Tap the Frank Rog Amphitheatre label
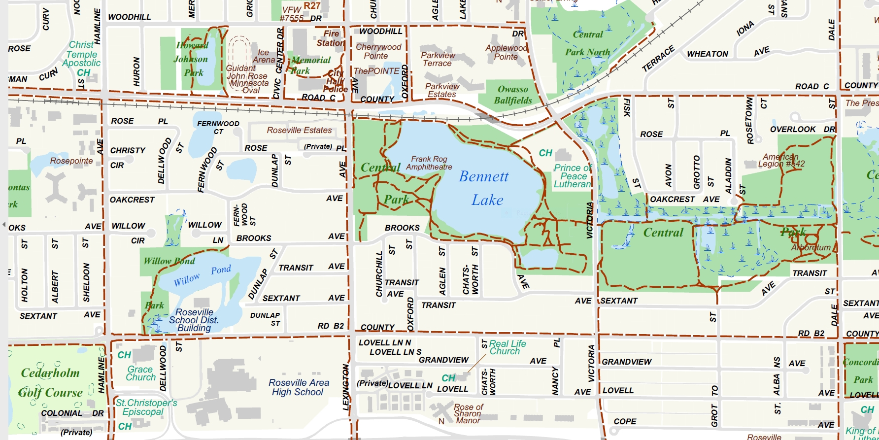pos(429,163)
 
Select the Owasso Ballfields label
pos(513,95)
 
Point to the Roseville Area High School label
pos(299,387)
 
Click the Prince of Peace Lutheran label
pos(573,176)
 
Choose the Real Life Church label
pos(507,347)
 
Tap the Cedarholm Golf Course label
pos(50,382)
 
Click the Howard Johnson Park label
pos(192,59)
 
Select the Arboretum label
pos(811,247)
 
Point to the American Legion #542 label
pos(781,160)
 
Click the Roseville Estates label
pos(300,130)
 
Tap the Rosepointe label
pos(71,161)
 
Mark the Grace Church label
pos(140,373)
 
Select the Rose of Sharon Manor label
pos(468,413)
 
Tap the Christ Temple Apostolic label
pos(82,54)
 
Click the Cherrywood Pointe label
pos(378,51)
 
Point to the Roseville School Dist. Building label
pos(194,320)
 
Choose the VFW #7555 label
pos(292,14)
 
